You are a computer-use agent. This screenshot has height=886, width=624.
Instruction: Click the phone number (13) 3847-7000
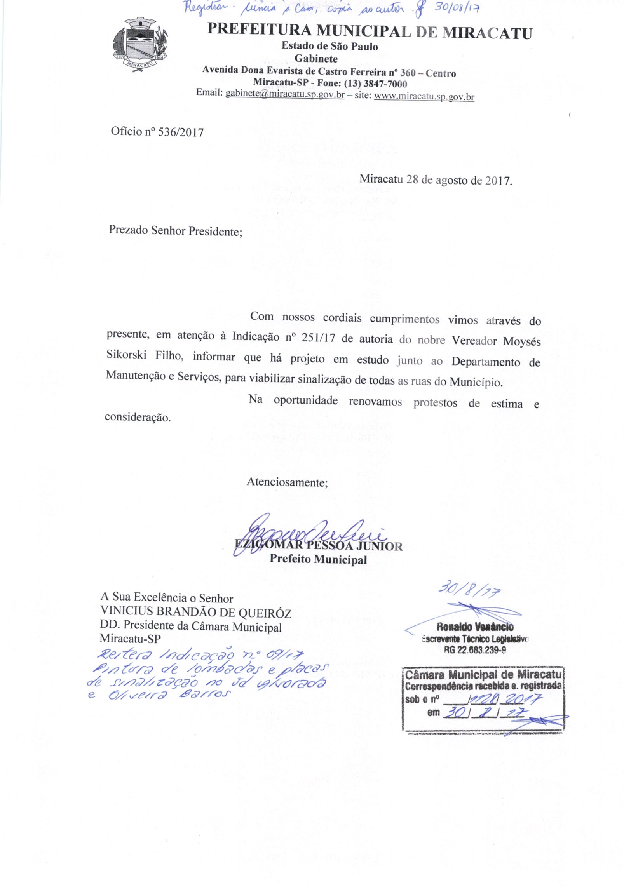pyautogui.click(x=375, y=84)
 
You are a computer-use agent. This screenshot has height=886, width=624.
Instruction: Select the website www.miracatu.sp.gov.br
pyautogui.click(x=424, y=96)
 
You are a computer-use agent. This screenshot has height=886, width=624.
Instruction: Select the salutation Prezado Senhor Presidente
pyautogui.click(x=175, y=231)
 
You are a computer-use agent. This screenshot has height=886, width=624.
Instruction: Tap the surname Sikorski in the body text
pyautogui.click(x=126, y=355)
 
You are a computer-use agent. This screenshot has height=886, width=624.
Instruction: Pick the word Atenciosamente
pyautogui.click(x=287, y=482)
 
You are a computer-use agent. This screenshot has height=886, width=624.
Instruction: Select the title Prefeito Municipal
pyautogui.click(x=318, y=560)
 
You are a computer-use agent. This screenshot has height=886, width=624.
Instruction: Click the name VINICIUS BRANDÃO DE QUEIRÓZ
pyautogui.click(x=195, y=613)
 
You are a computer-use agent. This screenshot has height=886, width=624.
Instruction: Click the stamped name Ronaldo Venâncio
pyautogui.click(x=475, y=627)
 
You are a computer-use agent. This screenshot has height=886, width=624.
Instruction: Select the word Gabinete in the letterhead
pyautogui.click(x=315, y=59)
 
